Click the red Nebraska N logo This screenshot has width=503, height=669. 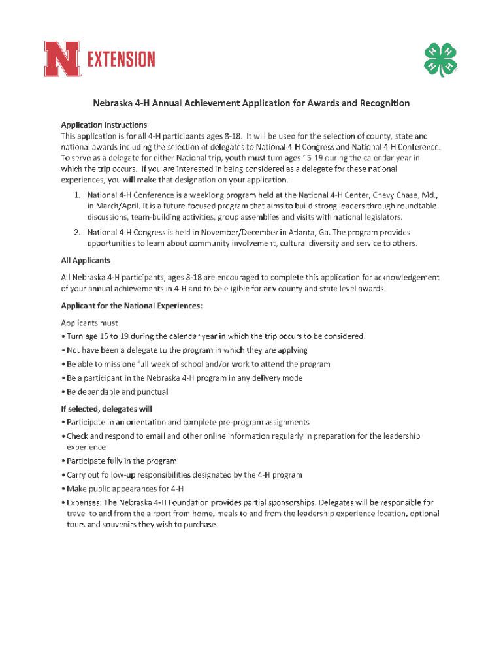coord(63,58)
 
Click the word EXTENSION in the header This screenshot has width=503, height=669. coord(121,59)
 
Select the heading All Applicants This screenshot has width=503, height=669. coord(86,260)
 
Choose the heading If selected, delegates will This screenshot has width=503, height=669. coord(106,409)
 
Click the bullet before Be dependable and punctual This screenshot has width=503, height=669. coord(63,392)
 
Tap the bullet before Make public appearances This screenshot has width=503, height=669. coord(63,489)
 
